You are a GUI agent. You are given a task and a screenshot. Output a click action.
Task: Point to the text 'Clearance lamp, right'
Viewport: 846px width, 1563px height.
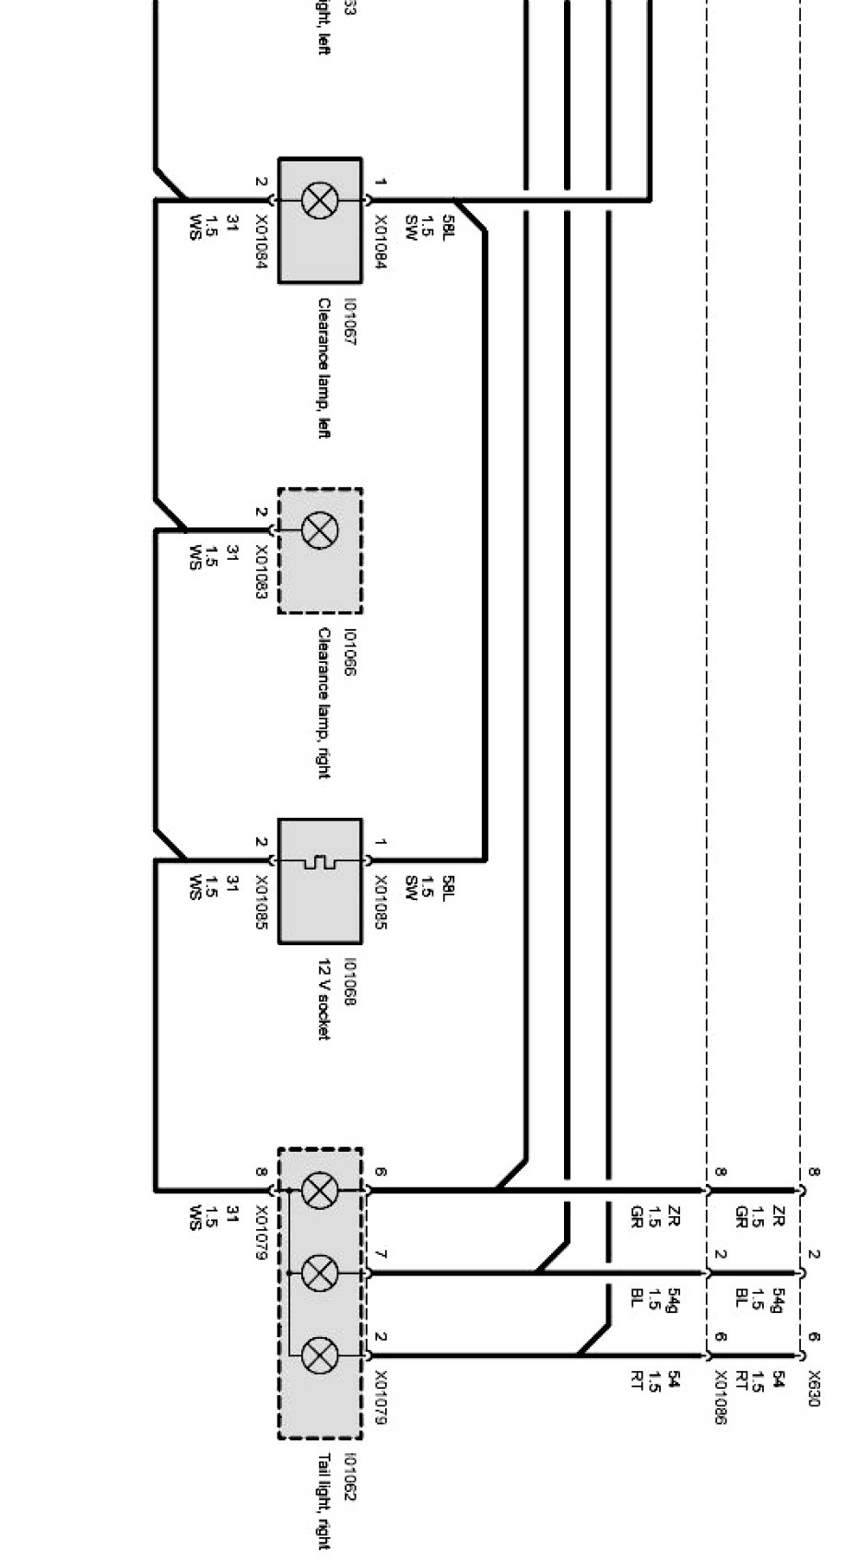(x=323, y=703)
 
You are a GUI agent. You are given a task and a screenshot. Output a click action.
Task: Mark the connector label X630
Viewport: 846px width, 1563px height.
(x=814, y=1388)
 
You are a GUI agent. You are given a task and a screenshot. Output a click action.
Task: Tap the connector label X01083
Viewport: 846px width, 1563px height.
(x=261, y=573)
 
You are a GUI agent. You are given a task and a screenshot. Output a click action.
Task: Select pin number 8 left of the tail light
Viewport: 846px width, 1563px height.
(x=262, y=1173)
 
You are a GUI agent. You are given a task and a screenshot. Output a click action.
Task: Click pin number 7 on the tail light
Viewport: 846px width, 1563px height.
(x=380, y=1256)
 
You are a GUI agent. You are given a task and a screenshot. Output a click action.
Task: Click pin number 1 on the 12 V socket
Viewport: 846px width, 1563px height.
(x=380, y=842)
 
